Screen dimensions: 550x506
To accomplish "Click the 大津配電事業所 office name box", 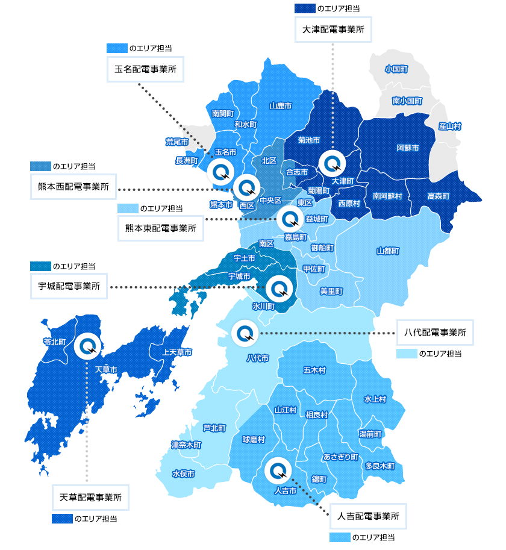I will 333,28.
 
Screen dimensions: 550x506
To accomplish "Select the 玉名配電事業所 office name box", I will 145,69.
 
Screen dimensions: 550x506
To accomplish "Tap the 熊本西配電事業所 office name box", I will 73,187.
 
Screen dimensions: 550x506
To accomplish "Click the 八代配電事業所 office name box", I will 436,332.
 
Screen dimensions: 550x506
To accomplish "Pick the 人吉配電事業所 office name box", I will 368,516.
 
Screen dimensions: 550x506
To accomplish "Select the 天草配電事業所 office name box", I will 91,498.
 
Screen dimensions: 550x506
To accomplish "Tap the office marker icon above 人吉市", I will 277,470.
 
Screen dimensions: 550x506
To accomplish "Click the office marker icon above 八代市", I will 245,333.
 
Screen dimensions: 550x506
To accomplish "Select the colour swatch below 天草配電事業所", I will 61,519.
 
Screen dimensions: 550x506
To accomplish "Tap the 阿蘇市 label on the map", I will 408,147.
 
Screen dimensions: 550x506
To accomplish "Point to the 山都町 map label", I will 387,250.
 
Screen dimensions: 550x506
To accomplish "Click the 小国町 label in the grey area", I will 396,69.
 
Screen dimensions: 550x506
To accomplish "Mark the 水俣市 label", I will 183,473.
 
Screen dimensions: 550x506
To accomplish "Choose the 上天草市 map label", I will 177,351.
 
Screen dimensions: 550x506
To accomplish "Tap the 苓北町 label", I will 54,342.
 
